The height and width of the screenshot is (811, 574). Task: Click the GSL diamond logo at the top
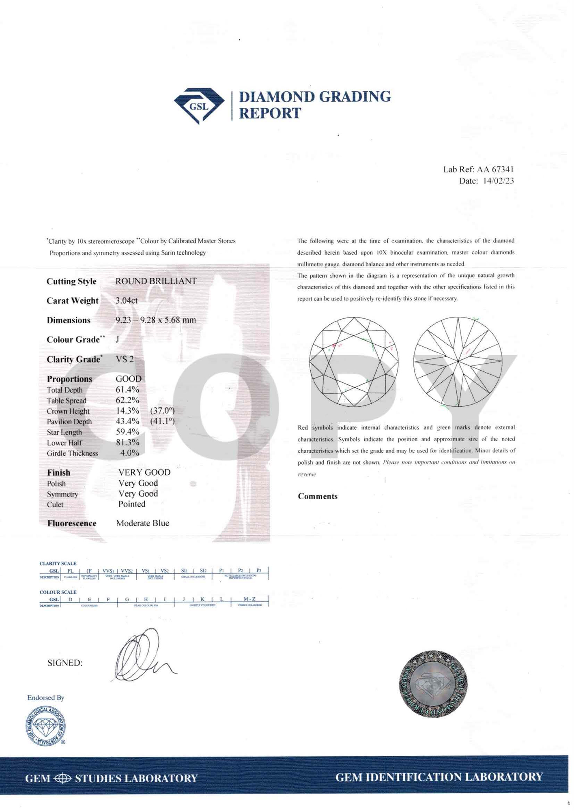(199, 105)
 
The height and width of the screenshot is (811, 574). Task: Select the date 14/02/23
(498, 181)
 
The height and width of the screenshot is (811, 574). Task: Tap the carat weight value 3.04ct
(126, 300)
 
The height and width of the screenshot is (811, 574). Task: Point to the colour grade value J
(117, 339)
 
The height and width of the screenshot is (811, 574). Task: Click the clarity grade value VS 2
(125, 359)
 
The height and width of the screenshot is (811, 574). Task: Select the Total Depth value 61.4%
(127, 390)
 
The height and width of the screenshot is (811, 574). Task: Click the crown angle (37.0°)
(162, 411)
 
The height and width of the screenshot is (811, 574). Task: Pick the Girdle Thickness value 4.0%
(129, 453)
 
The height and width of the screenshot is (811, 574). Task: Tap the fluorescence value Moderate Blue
(142, 523)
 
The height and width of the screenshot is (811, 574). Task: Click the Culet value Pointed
(131, 504)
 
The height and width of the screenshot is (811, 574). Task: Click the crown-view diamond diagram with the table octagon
(354, 362)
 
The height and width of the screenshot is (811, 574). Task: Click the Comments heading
(318, 496)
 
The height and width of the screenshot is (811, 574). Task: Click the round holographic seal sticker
(433, 685)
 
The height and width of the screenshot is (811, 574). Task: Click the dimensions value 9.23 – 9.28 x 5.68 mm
(155, 320)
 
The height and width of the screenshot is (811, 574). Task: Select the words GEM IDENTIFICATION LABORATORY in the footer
(439, 777)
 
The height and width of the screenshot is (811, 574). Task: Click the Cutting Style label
(71, 281)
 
